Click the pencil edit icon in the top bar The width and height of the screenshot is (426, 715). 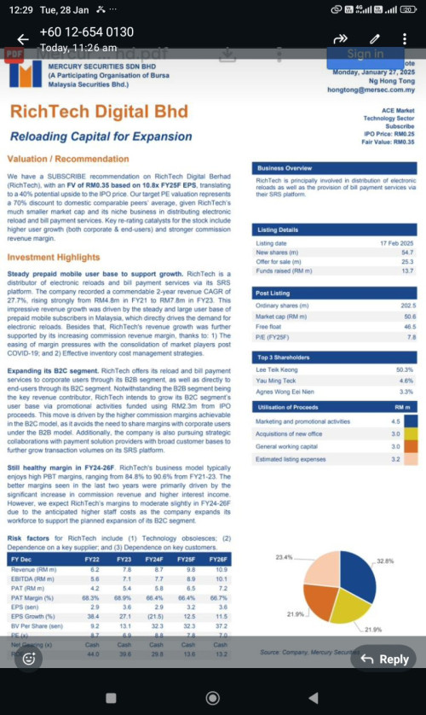pyautogui.click(x=374, y=39)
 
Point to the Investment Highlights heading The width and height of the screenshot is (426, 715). pyautogui.click(x=54, y=257)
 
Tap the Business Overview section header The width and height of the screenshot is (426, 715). pyautogui.click(x=285, y=168)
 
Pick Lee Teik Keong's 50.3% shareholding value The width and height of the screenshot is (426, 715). pyautogui.click(x=405, y=369)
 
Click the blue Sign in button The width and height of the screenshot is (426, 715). pyautogui.click(x=365, y=53)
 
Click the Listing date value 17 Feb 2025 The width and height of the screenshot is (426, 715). pyautogui.click(x=395, y=243)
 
